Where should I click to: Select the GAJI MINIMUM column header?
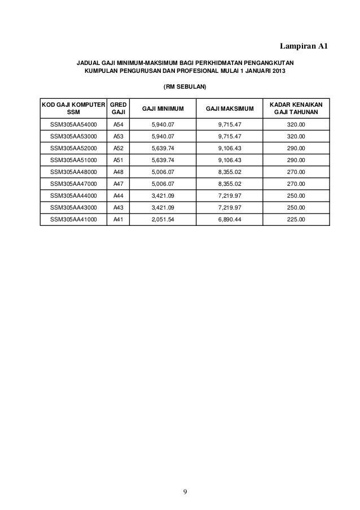click(x=163, y=108)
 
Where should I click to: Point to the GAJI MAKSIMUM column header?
click(x=230, y=108)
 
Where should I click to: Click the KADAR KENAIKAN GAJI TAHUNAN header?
click(x=296, y=108)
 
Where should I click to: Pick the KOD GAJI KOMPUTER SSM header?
click(x=73, y=108)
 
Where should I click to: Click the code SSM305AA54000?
click(x=73, y=124)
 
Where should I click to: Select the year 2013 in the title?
click(x=276, y=72)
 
